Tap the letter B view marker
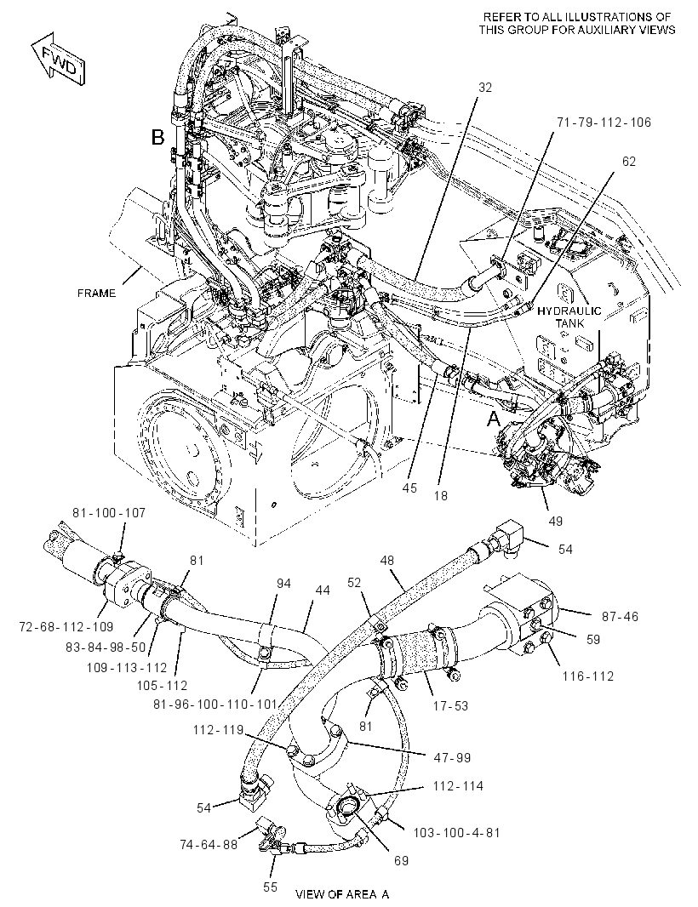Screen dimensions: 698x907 (x=158, y=137)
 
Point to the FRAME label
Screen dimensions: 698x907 (x=97, y=294)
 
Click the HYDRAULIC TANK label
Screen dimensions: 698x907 (x=569, y=317)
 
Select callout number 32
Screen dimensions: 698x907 (x=485, y=88)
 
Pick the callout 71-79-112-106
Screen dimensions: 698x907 (x=604, y=122)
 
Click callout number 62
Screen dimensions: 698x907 (x=629, y=162)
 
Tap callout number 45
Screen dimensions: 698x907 (x=409, y=488)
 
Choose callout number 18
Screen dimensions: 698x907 (x=440, y=496)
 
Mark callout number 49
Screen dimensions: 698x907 (x=555, y=522)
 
